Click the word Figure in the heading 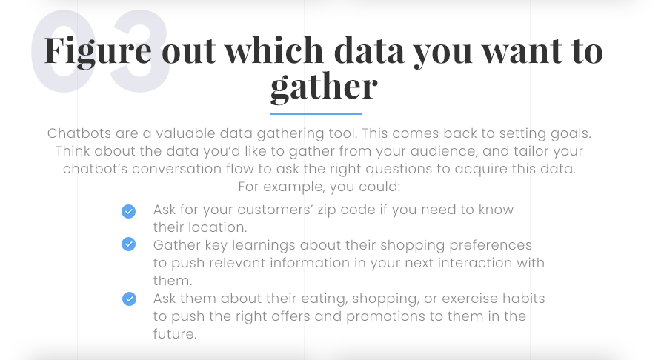(98, 53)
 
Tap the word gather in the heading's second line (324, 88)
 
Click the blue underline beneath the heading (316, 114)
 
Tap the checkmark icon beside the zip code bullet (129, 211)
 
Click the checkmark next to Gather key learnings (129, 244)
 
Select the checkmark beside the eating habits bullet (129, 299)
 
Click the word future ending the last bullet (174, 334)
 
